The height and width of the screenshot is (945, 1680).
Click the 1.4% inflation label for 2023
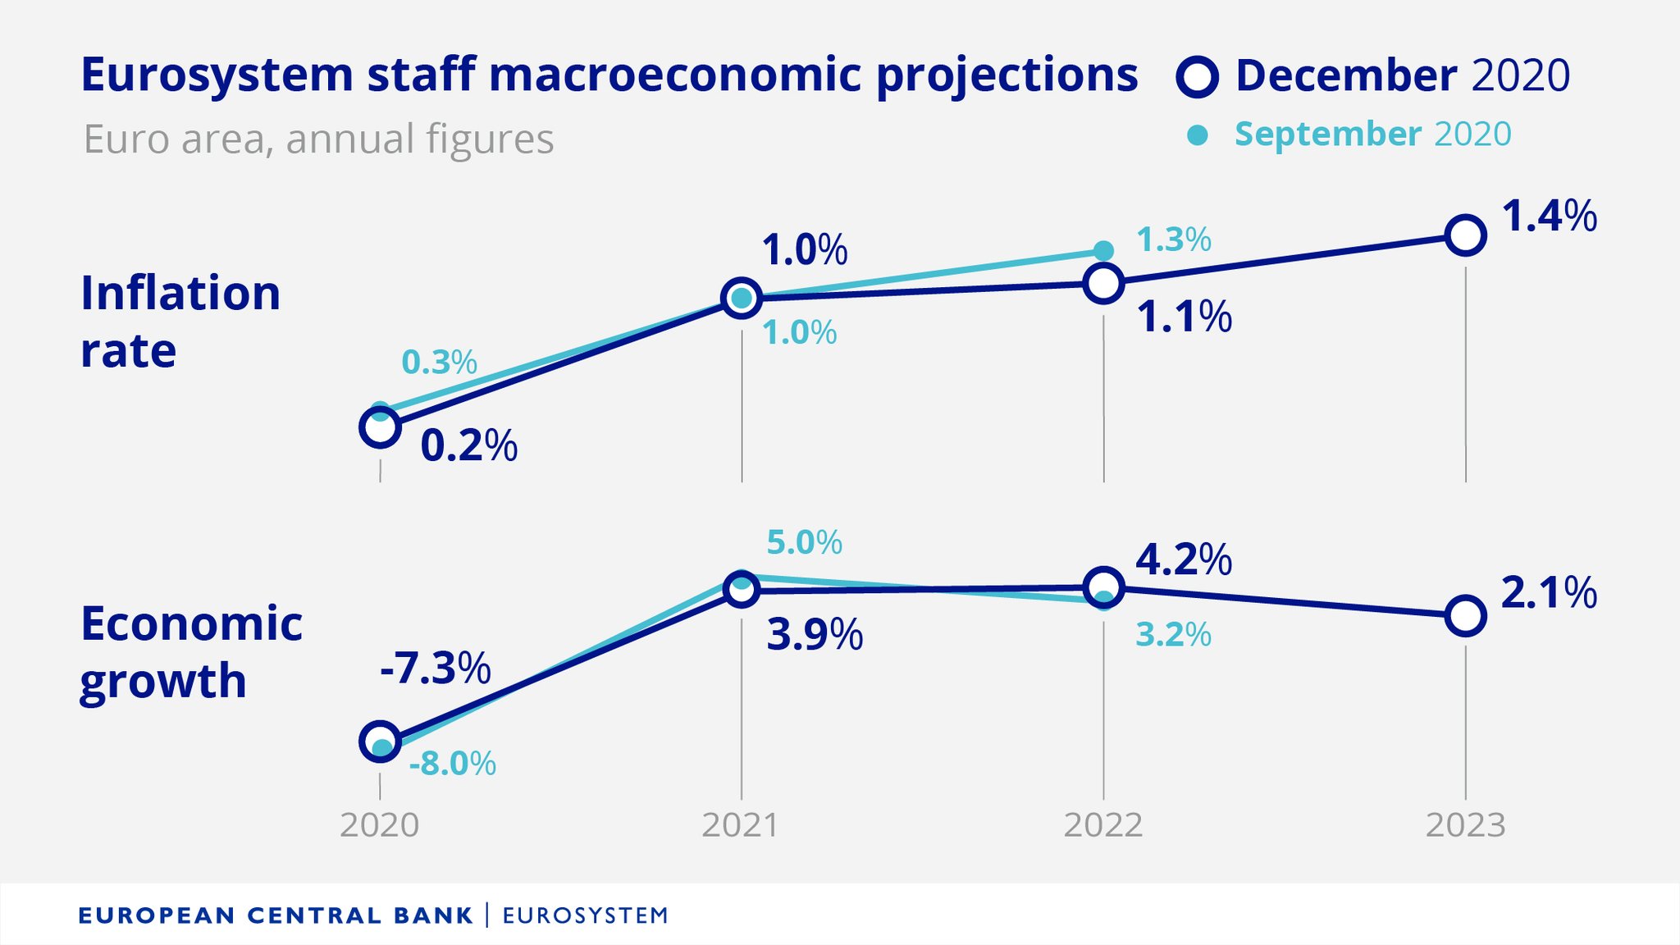tap(1549, 217)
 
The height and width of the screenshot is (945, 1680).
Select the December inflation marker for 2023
tap(1465, 235)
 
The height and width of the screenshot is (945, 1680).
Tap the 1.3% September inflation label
tap(1173, 240)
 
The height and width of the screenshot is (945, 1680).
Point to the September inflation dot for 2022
tap(1104, 250)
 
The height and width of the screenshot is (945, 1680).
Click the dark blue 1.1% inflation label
tap(1184, 317)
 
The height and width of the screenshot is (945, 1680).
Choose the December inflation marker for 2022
tap(1103, 283)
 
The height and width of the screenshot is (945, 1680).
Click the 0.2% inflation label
tap(468, 446)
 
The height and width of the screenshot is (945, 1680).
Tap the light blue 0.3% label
tap(439, 362)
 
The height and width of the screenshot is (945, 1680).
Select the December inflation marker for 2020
tap(380, 427)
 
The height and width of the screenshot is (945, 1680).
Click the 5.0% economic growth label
tap(804, 542)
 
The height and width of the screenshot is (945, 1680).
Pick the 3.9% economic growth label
tap(815, 635)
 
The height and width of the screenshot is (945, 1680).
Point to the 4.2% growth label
tap(1183, 560)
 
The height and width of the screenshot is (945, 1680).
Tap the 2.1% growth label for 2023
tap(1549, 593)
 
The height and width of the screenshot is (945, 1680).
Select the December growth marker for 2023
tap(1465, 615)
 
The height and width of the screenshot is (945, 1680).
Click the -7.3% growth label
tap(435, 668)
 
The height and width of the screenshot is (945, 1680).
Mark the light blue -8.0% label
tap(452, 764)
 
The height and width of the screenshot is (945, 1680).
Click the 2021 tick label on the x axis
tap(741, 825)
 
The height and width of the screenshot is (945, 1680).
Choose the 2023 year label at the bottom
tap(1465, 825)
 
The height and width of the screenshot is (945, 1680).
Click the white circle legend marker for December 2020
tap(1198, 77)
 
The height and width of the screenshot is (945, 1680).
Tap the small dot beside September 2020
tap(1198, 135)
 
